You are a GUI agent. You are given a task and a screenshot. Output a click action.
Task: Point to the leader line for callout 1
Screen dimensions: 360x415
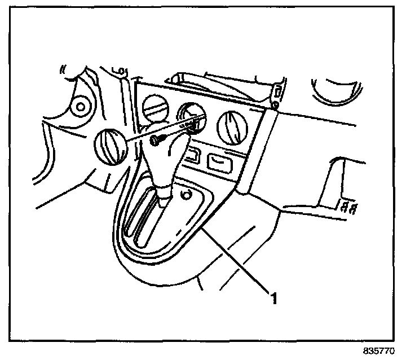pyautogui.click(x=237, y=260)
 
